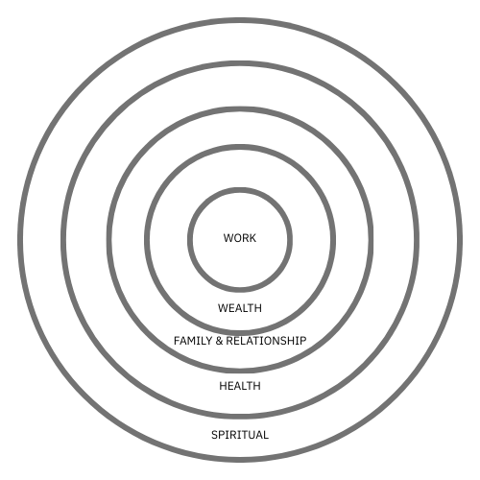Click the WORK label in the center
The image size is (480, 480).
[240, 238]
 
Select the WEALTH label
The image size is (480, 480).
[240, 308]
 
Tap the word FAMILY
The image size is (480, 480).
[193, 341]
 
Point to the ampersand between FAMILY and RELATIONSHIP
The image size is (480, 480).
[219, 341]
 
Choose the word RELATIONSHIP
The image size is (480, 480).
[266, 341]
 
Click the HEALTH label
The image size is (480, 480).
[240, 386]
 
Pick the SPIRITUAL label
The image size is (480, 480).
[240, 435]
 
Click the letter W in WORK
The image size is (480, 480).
[228, 238]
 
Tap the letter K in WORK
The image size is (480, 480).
[252, 238]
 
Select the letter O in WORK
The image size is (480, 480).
[237, 238]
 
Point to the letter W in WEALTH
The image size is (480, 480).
[223, 308]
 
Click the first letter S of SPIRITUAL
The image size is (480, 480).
[214, 435]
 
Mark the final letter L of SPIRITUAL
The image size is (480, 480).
[266, 435]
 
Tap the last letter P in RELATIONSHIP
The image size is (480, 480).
[303, 341]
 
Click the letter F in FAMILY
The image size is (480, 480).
[177, 341]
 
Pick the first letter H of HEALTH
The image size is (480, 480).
[223, 386]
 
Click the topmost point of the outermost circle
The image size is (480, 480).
[240, 20]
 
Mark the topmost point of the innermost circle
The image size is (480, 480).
[240, 190]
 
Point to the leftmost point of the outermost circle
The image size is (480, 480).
[20, 240]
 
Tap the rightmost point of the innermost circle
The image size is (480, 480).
[290, 240]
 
